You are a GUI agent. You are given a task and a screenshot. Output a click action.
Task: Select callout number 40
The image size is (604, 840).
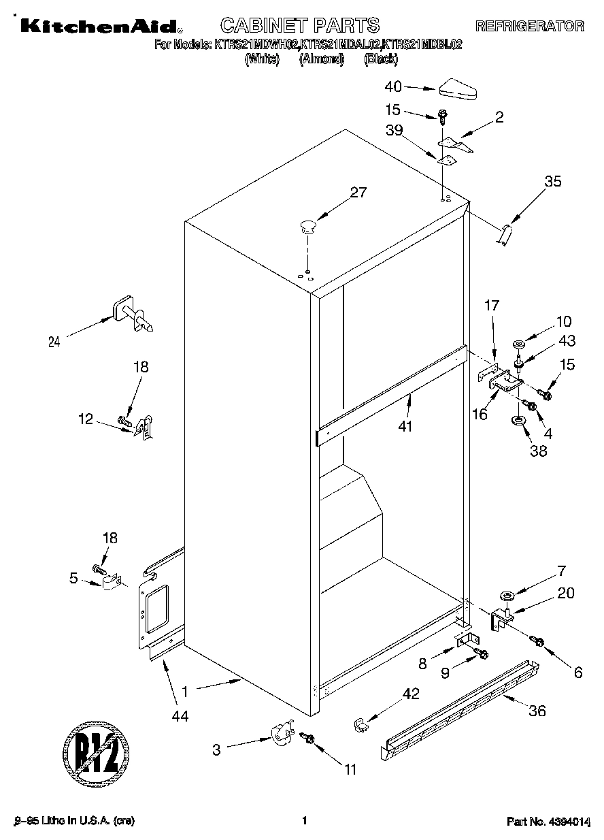click(x=393, y=86)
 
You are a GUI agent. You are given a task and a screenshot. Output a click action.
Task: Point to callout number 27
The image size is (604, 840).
click(x=358, y=193)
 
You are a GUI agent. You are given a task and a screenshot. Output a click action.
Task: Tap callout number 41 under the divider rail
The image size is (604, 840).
click(x=408, y=425)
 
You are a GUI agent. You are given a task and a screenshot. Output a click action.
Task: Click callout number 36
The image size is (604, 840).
click(x=537, y=711)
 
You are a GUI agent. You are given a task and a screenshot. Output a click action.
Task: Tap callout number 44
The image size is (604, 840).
click(x=180, y=715)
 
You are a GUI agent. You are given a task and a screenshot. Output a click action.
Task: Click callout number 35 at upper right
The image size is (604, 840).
click(x=553, y=181)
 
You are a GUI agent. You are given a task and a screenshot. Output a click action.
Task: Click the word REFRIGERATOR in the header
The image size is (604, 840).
click(x=529, y=27)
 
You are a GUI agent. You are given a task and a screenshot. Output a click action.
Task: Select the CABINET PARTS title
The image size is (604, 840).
click(x=300, y=26)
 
